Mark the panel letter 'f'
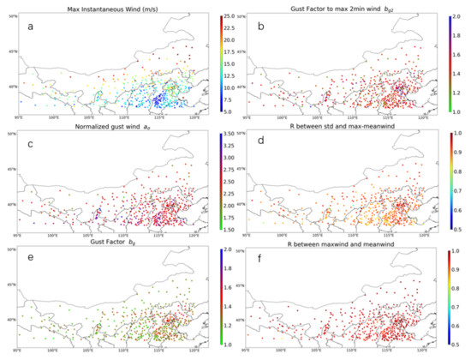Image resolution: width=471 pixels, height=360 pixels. (266, 272)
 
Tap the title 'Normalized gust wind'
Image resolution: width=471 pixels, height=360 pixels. (107, 127)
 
